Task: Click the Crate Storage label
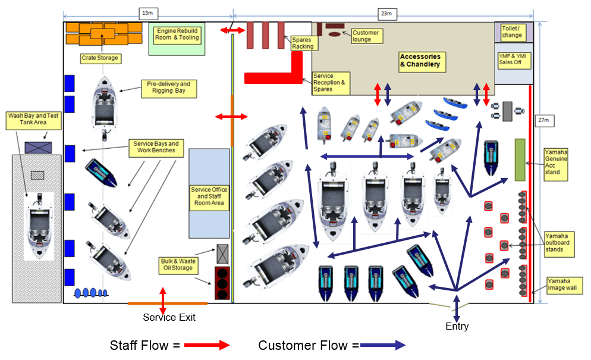100,58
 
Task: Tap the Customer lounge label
366,36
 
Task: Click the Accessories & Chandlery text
420,60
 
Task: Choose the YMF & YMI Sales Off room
514,60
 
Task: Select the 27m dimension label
543,121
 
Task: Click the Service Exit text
169,318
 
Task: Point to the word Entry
457,326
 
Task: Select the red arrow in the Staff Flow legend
206,345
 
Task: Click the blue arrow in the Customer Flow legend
382,345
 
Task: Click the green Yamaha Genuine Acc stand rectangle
520,159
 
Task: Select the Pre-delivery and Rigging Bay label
168,88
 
